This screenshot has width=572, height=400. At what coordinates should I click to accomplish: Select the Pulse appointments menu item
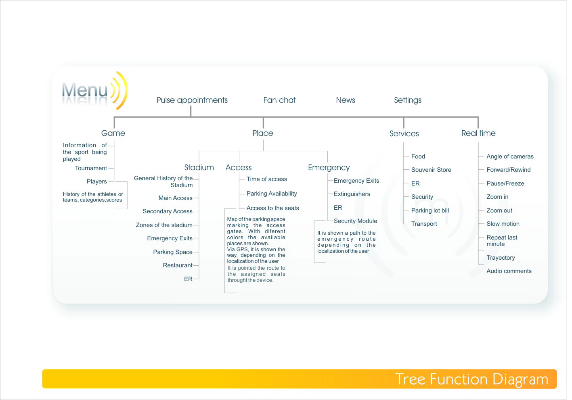tap(192, 100)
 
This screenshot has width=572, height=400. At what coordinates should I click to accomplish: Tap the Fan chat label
tap(279, 100)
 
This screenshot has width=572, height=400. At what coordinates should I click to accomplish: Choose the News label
tap(345, 100)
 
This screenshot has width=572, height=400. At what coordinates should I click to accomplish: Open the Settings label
tap(407, 100)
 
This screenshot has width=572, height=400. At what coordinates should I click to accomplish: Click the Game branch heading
tap(113, 133)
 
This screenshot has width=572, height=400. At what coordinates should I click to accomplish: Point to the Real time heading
tap(478, 133)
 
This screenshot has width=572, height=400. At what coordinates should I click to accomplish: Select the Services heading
tap(404, 133)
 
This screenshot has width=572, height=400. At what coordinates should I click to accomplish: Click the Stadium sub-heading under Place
tap(199, 167)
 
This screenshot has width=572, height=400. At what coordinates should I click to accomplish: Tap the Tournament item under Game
tap(91, 168)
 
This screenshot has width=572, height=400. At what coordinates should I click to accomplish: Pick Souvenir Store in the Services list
tap(431, 170)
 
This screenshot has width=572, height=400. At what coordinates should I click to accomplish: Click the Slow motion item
tap(503, 224)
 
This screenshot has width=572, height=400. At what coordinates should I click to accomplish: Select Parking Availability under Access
tap(271, 194)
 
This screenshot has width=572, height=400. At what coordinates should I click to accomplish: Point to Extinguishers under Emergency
tap(352, 194)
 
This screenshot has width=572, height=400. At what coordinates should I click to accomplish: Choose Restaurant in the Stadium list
tap(177, 265)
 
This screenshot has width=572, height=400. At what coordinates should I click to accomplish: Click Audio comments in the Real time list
tap(509, 271)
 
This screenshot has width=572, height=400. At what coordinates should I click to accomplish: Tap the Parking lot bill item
tap(430, 210)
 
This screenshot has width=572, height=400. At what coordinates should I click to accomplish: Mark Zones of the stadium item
tap(164, 225)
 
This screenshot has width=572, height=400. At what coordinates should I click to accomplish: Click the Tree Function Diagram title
tap(471, 379)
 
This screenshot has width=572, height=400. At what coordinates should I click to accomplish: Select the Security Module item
tap(355, 221)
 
